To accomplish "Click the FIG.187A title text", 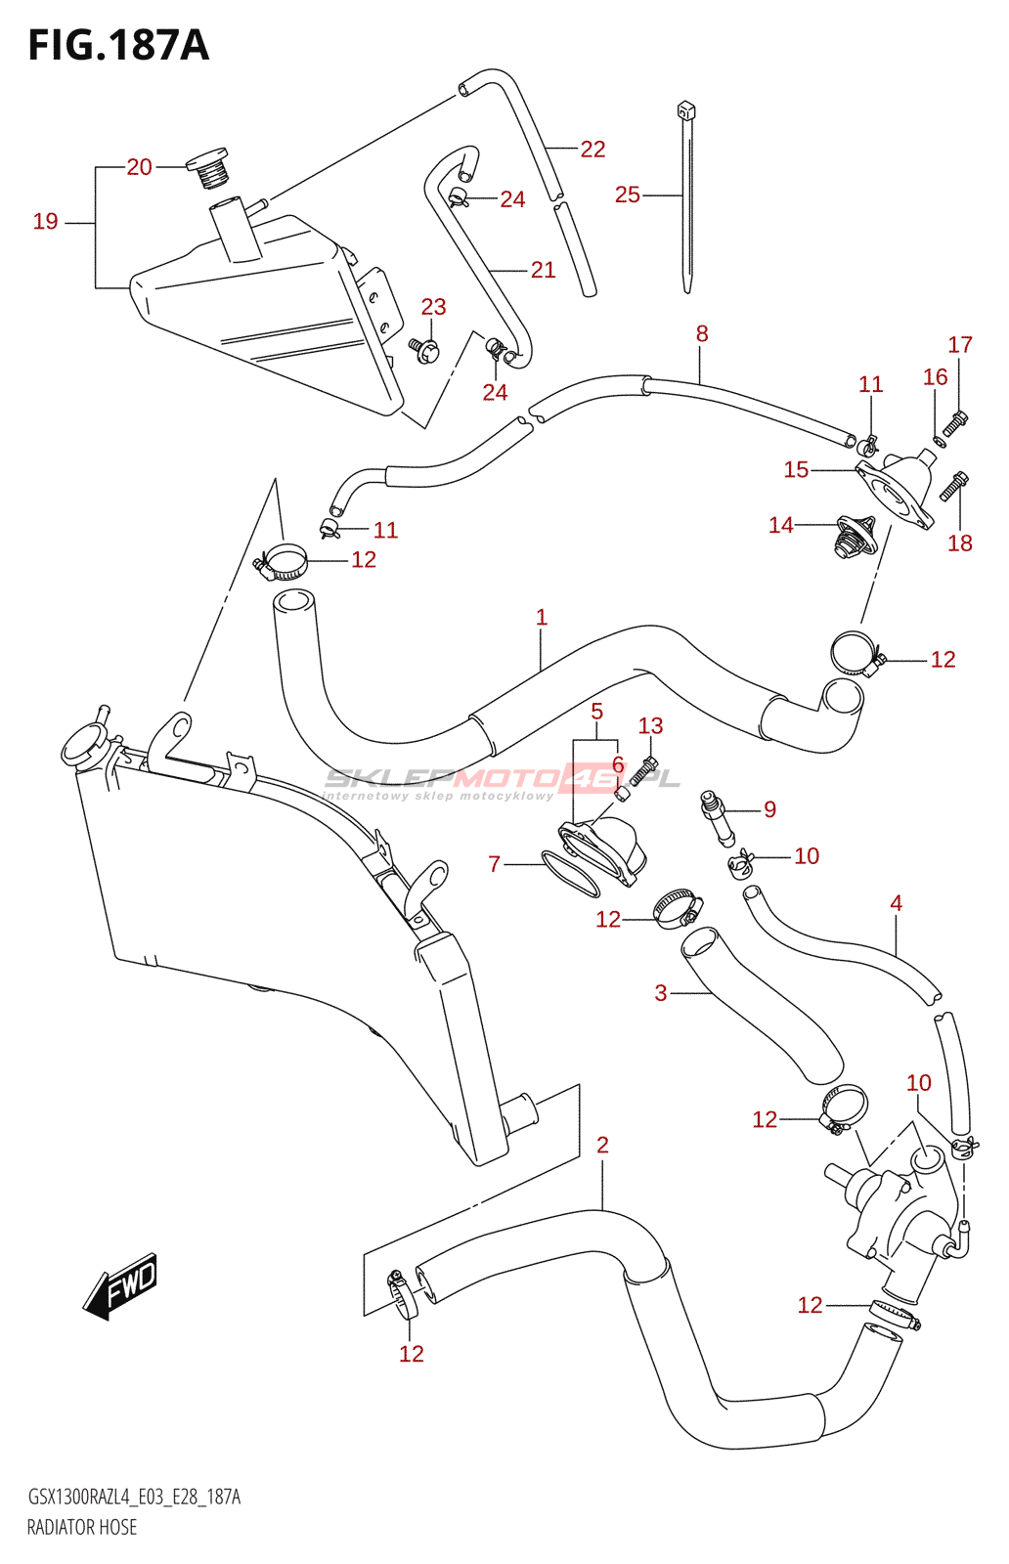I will [118, 46].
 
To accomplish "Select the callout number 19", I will [46, 222].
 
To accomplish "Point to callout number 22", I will [592, 150].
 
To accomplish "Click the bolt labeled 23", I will [424, 348].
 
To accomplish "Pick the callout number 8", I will [702, 334].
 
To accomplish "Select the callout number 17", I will [960, 345].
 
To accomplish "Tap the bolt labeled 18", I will [954, 485].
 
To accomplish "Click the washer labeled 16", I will [940, 442].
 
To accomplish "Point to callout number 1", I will [542, 618].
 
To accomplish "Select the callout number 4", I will [897, 903].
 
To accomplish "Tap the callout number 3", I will [661, 993].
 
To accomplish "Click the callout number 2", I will [602, 1145].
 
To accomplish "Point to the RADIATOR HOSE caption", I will [82, 1527].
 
